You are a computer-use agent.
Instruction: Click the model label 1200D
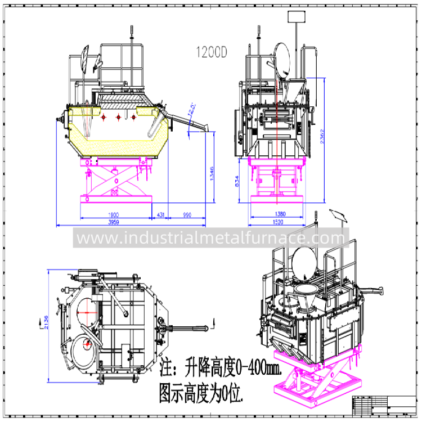click(x=211, y=53)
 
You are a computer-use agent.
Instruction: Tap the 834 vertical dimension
click(x=236, y=180)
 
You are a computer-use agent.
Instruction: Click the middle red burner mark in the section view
click(x=118, y=117)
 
